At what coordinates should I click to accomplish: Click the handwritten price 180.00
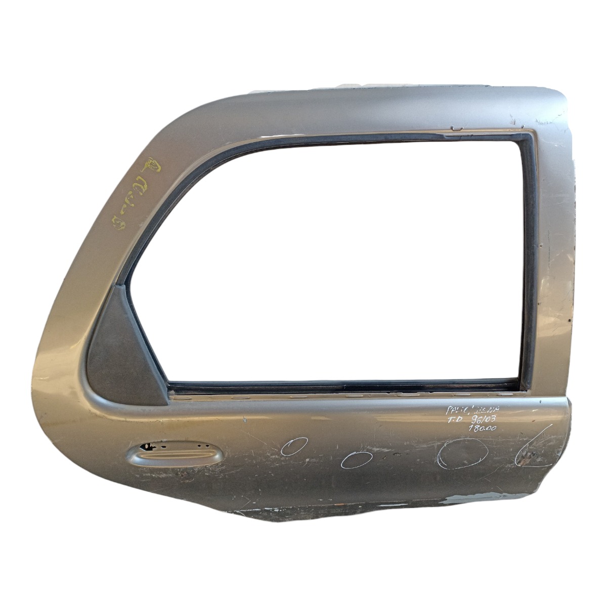click(483, 428)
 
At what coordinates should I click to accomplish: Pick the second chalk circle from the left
click(357, 459)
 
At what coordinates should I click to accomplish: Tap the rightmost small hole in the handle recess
click(207, 446)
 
